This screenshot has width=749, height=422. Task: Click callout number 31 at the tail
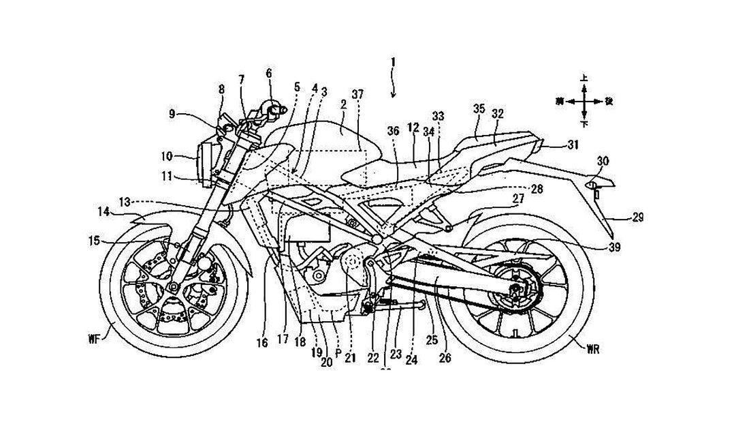pos(573,144)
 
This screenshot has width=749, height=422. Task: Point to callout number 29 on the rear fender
pos(637,217)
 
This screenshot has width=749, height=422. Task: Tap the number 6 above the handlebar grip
pos(268,72)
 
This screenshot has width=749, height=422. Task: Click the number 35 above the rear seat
pos(479,108)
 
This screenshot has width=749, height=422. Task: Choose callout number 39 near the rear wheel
pos(615,247)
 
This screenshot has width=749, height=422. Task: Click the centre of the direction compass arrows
pos(584,101)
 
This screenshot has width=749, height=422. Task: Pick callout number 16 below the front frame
pos(263,344)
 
